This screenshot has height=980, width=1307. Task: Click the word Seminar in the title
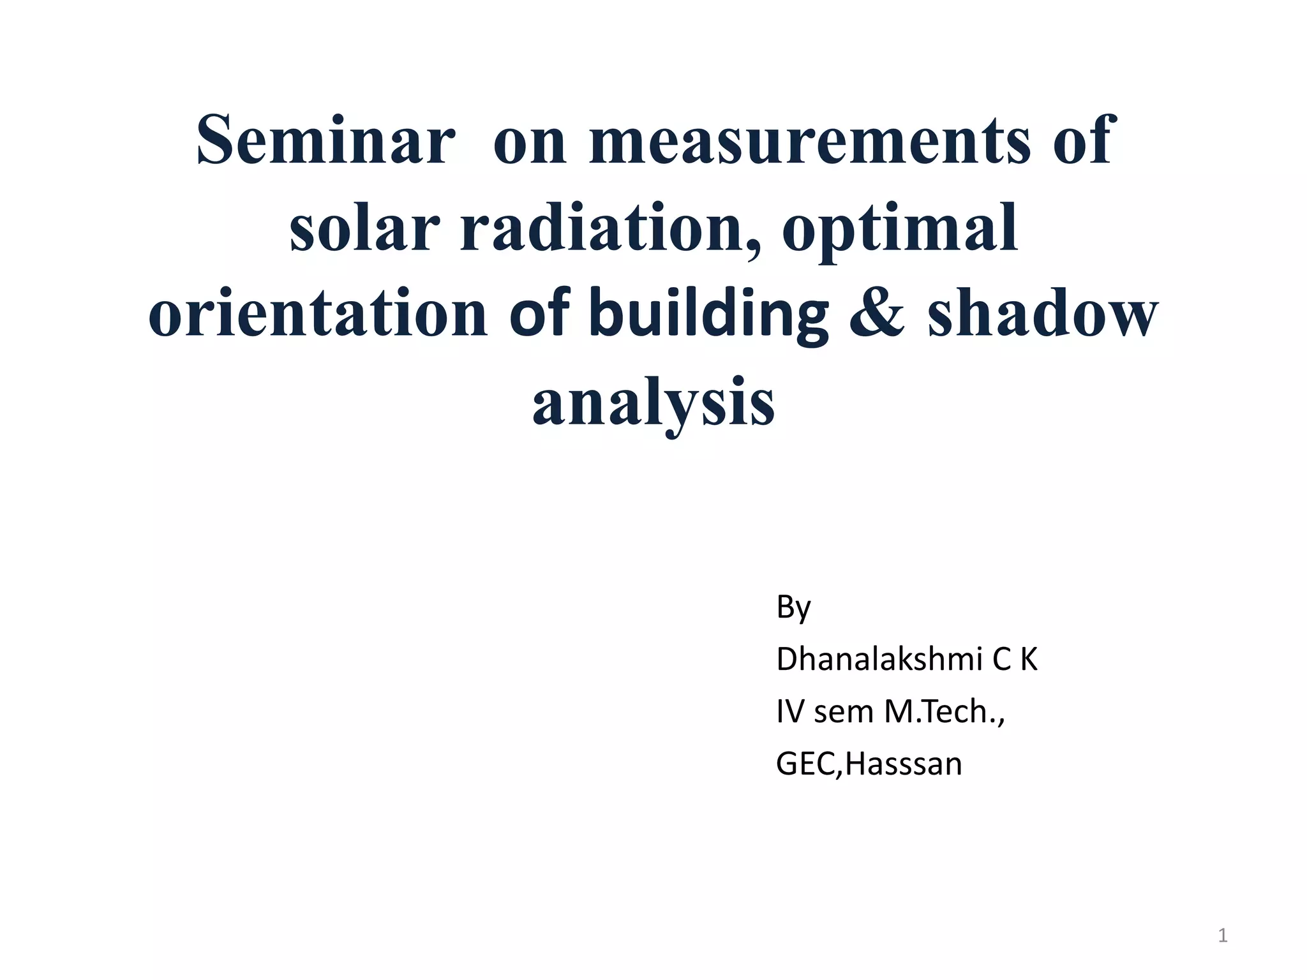point(325,140)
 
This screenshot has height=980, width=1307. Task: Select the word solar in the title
point(364,228)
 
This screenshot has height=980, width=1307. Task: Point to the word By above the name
point(793,607)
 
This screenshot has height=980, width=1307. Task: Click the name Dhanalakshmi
point(879,659)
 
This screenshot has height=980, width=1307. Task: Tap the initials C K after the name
point(1015,659)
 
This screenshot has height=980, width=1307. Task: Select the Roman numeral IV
point(789,711)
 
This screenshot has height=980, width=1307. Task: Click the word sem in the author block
point(844,713)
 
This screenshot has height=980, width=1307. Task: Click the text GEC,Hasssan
point(869,764)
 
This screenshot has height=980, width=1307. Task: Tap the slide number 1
point(1222,935)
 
